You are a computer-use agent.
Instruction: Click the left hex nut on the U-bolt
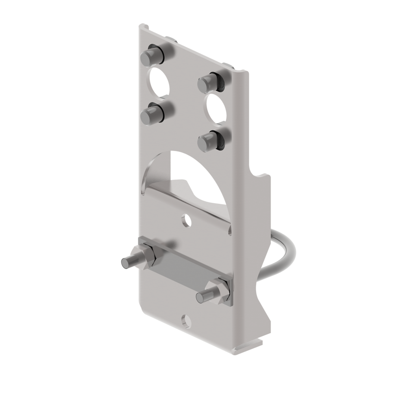point(146,257)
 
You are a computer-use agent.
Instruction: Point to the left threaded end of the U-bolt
point(128,261)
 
